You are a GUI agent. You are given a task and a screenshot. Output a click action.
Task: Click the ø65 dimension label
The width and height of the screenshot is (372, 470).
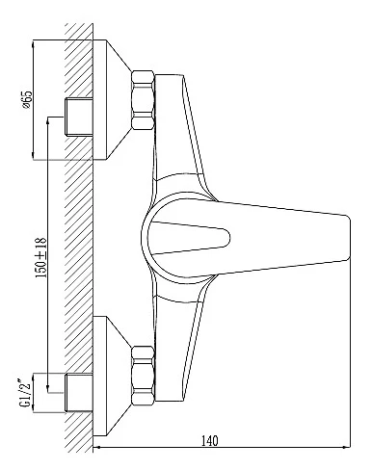pyautogui.click(x=28, y=99)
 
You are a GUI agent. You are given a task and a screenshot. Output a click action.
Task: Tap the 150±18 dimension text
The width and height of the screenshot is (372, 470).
pyautogui.click(x=41, y=258)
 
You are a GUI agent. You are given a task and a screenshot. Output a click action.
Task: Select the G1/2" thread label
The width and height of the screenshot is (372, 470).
pyautogui.click(x=26, y=393)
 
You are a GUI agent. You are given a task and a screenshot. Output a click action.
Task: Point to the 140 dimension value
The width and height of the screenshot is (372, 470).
pyautogui.click(x=209, y=441)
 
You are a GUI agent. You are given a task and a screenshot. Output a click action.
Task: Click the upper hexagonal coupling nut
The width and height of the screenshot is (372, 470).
pyautogui.click(x=143, y=100)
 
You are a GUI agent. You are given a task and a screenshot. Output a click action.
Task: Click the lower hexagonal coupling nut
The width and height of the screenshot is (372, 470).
pyautogui.click(x=143, y=376)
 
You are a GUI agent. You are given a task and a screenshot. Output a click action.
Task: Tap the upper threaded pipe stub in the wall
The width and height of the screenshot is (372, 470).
pyautogui.click(x=79, y=117)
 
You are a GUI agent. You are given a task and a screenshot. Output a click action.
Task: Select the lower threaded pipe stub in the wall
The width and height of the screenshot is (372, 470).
pyautogui.click(x=79, y=392)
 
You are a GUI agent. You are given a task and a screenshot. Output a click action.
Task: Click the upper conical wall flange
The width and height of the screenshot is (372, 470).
pyautogui.click(x=112, y=99)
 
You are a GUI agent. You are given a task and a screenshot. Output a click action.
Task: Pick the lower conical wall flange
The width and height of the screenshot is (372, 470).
pyautogui.click(x=112, y=376)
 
